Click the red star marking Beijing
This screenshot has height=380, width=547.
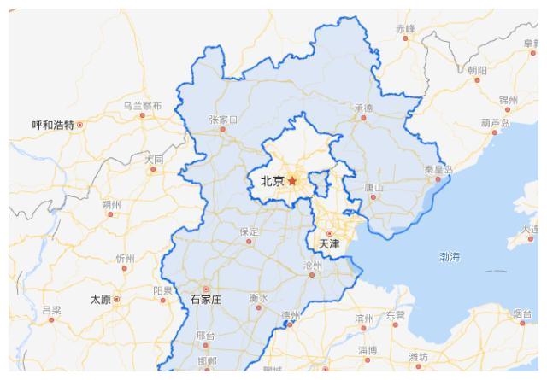[292, 181]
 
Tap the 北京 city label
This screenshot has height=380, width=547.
[273, 181]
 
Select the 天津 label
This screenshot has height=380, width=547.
[329, 244]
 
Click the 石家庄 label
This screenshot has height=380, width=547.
[205, 300]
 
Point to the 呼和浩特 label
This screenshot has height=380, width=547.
[53, 125]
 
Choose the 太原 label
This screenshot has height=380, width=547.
[100, 300]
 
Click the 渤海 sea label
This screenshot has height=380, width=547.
[450, 257]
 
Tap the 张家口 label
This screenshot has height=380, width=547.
[223, 120]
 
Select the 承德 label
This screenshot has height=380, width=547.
[363, 108]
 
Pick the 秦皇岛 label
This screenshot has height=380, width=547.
[438, 169]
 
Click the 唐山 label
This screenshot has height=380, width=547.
[374, 187]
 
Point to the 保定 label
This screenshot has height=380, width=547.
[249, 231]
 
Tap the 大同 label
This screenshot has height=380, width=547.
[154, 159]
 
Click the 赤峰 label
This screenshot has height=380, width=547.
[404, 28]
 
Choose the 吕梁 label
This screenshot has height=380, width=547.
[51, 309]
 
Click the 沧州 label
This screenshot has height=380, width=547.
[314, 266]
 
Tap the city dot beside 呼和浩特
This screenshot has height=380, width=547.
[80, 125]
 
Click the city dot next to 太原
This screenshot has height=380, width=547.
[117, 300]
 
